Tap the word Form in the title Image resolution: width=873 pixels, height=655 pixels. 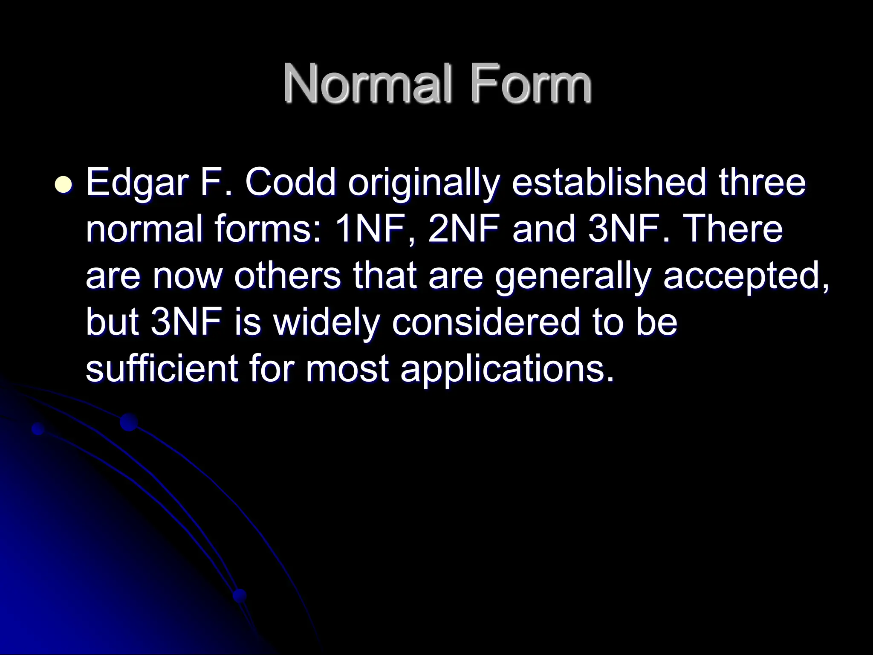click(x=531, y=84)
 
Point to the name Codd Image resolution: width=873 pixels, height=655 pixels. click(x=290, y=183)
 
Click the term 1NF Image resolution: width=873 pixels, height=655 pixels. click(x=374, y=230)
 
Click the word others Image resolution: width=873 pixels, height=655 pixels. click(x=287, y=276)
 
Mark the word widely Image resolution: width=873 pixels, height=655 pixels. click(x=326, y=323)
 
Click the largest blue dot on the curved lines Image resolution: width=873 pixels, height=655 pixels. click(x=129, y=422)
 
